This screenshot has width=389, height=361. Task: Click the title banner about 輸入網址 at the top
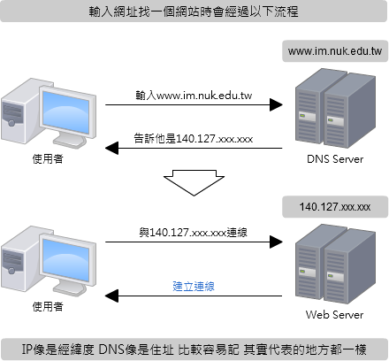[x=194, y=12]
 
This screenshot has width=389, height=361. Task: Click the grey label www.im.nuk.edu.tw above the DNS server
[x=335, y=51]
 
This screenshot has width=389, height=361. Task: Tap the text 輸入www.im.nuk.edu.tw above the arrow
[x=194, y=96]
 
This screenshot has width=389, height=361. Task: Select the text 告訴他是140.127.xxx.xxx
[x=194, y=139]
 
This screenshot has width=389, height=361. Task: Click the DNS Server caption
[x=335, y=159]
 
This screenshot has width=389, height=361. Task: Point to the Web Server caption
[x=334, y=315]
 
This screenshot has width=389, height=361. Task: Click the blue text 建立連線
[x=194, y=287]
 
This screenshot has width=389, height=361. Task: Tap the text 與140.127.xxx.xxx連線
[x=194, y=233]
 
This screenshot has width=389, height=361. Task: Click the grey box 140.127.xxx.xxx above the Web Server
[x=335, y=207]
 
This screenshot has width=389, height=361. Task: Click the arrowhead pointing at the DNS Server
[x=276, y=104]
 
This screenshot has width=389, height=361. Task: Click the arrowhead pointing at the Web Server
[x=276, y=242]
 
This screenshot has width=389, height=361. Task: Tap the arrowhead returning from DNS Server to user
[x=111, y=148]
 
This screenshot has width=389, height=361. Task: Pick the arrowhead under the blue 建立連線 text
[x=111, y=296]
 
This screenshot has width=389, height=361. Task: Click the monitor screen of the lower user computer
[x=65, y=260]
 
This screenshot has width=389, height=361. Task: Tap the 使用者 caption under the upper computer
[x=48, y=159]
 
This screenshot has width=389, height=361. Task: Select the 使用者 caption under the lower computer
[x=48, y=307]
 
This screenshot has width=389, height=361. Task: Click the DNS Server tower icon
[x=335, y=108]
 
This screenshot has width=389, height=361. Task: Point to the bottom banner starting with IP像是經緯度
[x=194, y=349]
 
